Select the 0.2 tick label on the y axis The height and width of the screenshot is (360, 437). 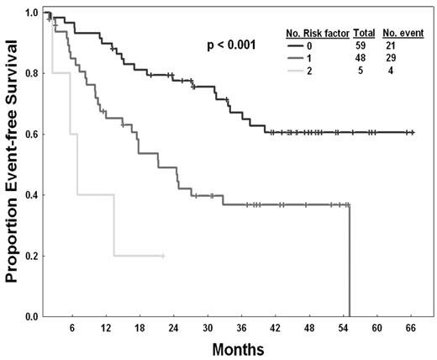click(32, 256)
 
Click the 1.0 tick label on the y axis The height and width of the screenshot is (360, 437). click(32, 13)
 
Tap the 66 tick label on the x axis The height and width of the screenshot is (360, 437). click(411, 329)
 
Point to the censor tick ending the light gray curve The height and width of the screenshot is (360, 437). click(163, 256)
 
